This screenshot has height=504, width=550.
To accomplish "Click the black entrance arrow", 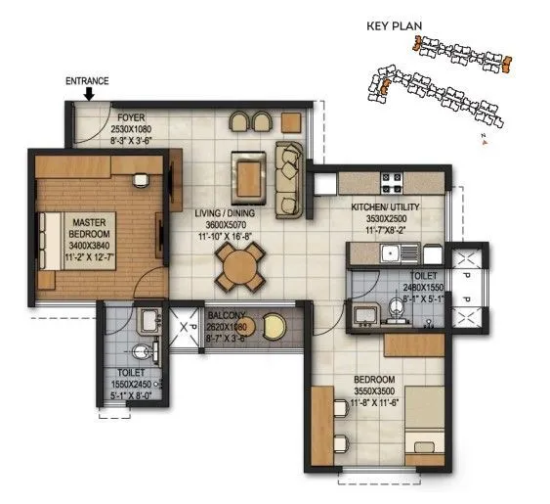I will pyautogui.click(x=90, y=94).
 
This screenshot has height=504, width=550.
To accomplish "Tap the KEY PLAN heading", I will pyautogui.click(x=393, y=27).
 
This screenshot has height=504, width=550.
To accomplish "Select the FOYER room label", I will pyautogui.click(x=125, y=117).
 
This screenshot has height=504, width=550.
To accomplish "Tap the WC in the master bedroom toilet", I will pyautogui.click(x=142, y=352).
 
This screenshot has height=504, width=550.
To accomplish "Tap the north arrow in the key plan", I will pyautogui.click(x=484, y=141).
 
